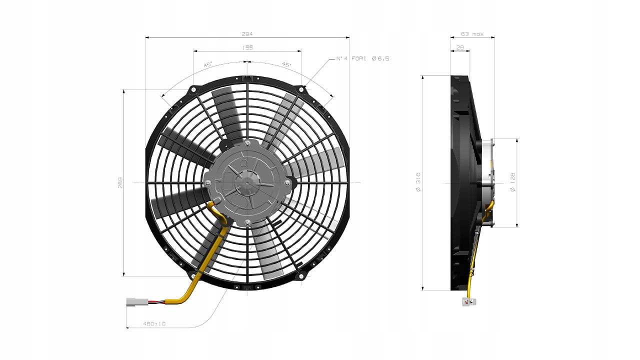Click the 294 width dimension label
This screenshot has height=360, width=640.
247,33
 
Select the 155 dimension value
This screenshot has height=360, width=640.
247,47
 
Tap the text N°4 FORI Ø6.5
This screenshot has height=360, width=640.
362,58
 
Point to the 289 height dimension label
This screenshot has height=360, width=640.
120,182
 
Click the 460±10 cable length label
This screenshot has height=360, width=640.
154,324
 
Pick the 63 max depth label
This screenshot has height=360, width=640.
472,34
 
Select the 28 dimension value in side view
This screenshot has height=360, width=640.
460,47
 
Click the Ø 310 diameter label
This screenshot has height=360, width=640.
418,182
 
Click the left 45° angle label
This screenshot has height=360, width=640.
208,64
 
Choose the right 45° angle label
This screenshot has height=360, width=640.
286,64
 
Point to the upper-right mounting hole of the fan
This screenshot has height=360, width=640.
301,89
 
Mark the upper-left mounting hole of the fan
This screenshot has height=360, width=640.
192,89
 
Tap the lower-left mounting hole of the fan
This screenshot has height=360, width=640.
193,275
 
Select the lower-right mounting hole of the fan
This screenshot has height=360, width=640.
301,275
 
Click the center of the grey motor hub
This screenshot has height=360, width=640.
247,182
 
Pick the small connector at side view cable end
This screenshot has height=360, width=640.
469,301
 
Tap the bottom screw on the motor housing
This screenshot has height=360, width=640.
247,221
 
